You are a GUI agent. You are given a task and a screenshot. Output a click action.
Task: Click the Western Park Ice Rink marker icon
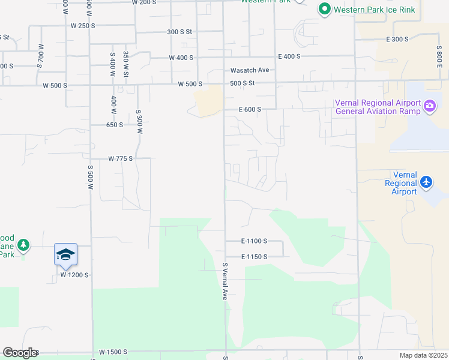pos(325,9)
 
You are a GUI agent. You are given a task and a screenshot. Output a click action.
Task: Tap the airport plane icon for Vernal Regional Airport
pos(426,181)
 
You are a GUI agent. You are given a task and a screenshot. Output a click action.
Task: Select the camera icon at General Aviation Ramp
pos(430,107)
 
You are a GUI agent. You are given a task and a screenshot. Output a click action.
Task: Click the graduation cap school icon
pos(65,254)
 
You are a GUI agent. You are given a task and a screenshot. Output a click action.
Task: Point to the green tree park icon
pos(23,245)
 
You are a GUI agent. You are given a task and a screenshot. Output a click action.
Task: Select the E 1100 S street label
pos(254,241)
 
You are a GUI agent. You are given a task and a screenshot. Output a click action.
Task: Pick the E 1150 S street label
pos(254,257)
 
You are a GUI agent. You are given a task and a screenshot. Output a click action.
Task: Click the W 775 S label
pos(120,158)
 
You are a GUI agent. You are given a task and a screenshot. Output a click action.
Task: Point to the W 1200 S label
pos(74,275)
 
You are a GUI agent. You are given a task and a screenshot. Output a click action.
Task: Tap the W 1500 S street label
pos(114,352)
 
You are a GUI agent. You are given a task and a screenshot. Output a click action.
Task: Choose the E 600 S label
pos(251,109)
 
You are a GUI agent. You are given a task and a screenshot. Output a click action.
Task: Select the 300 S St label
pos(179,32)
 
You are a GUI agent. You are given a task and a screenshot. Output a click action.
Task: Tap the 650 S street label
pos(115,125)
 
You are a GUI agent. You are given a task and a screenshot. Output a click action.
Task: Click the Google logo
pos(20,353)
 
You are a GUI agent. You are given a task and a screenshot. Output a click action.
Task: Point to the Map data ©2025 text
pos(423,355)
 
